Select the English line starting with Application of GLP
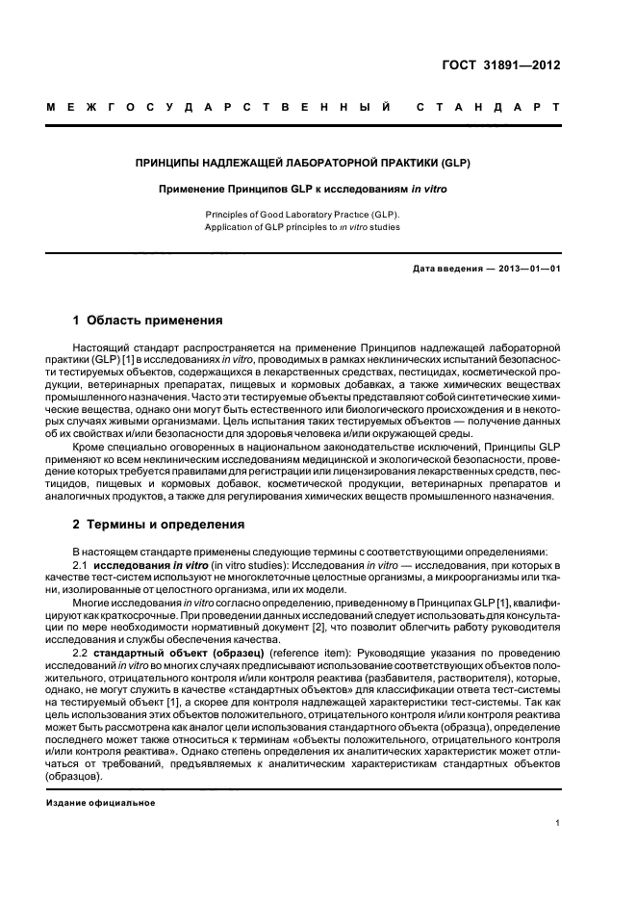click(x=303, y=227)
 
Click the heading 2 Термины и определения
click(x=158, y=525)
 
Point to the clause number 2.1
click(x=81, y=562)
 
